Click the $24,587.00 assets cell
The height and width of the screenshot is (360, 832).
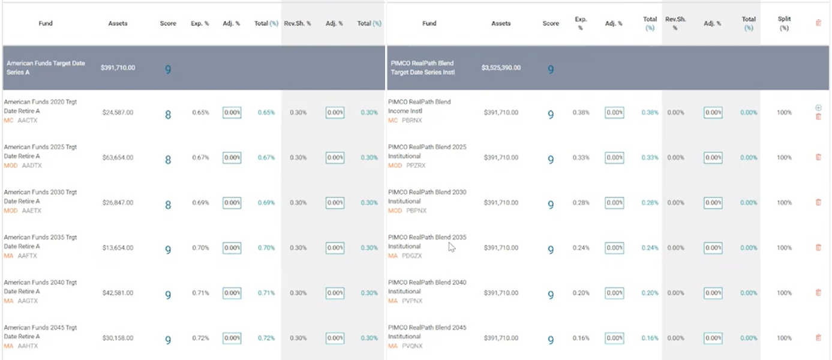click(x=118, y=112)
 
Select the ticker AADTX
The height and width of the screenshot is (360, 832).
click(x=32, y=166)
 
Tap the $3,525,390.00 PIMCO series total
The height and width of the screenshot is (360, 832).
click(x=501, y=68)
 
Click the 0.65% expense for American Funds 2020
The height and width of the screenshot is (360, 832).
click(x=200, y=112)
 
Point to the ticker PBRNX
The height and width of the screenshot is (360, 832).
click(x=412, y=121)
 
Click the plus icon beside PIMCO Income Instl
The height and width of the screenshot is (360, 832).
click(x=818, y=107)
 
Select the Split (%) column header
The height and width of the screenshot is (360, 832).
click(x=784, y=23)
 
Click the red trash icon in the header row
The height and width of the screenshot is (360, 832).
click(x=818, y=23)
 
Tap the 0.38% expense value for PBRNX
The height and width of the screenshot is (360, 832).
click(x=581, y=112)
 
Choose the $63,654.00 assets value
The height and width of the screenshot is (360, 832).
click(x=118, y=158)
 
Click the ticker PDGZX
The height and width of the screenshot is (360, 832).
click(x=412, y=256)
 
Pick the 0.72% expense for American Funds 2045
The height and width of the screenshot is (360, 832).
click(x=200, y=338)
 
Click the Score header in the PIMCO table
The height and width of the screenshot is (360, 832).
click(x=551, y=23)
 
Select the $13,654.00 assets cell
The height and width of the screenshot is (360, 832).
click(x=118, y=248)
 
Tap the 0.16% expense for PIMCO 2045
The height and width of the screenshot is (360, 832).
click(x=581, y=338)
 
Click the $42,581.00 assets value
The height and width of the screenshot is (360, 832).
click(x=118, y=293)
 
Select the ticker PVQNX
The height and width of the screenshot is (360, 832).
click(x=412, y=346)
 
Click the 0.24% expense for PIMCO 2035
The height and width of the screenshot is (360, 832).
click(x=581, y=248)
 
